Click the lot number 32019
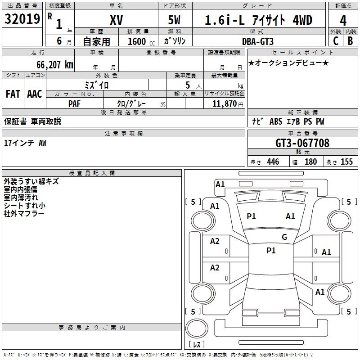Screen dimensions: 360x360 point(22,18)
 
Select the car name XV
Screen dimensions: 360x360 point(117,20)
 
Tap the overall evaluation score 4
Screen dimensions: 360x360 point(343,21)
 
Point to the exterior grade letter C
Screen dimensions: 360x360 point(336,41)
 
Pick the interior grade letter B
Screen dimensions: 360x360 point(350,41)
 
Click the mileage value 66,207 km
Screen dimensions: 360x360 point(55,65)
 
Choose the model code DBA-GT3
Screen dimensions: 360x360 point(258,41)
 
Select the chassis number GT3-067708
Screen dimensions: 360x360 point(302,143)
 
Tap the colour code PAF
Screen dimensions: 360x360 point(74,104)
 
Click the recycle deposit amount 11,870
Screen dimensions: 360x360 point(224,103)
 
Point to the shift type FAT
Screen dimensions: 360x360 point(13,94)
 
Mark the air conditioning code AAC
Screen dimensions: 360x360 point(35,94)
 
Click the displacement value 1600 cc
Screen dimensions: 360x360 point(141,41)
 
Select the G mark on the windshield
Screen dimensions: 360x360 point(284,237)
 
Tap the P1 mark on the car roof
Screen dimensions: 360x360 point(271,250)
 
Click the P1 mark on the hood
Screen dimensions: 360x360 point(251,216)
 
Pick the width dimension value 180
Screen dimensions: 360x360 point(310,162)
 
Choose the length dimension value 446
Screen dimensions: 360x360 point(273,162)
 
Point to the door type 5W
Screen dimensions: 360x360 point(174,20)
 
